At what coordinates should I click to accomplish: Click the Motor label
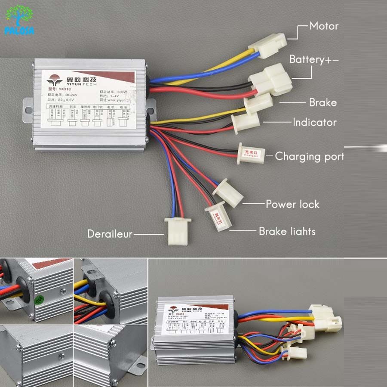pos(324,26)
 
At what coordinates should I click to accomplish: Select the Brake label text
pos(322,102)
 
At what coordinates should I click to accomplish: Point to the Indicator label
pos(314,123)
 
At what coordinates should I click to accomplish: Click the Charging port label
pos(310,156)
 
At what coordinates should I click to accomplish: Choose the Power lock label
pos(292,204)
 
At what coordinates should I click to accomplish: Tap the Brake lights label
pos(287,231)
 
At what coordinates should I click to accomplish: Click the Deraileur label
pos(110,234)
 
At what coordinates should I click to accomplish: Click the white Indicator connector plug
pos(245,121)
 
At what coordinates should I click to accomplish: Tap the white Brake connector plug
pos(258,103)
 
